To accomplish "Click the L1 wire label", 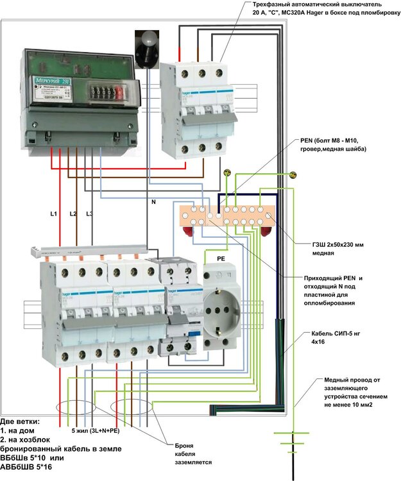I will pos(54,212).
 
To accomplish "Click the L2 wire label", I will pos(73,213).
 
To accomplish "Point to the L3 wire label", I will pos(90,213).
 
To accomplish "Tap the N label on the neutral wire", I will pos(153,202).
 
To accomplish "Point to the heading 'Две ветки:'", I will pos(20,421).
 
